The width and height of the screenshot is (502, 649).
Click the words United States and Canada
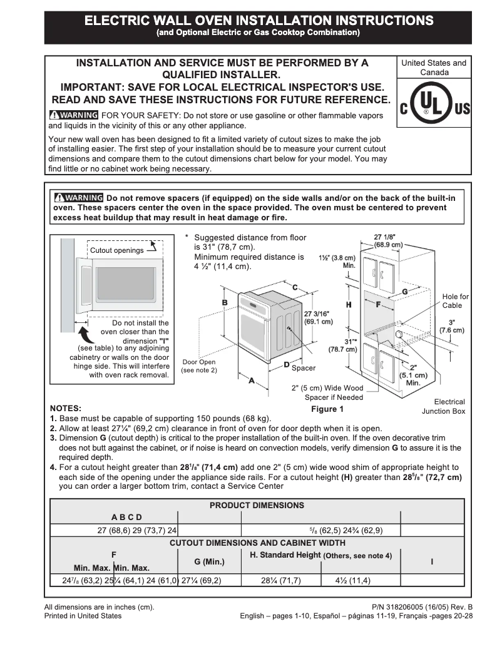[434, 68]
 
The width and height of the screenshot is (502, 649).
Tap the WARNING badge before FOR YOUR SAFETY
[74, 115]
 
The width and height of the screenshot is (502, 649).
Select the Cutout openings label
[117, 250]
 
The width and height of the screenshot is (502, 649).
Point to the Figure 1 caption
[328, 409]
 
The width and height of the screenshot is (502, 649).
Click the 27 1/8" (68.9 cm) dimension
[389, 241]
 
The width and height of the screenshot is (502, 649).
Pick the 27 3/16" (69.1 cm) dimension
[318, 317]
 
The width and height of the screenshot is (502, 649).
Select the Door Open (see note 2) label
[198, 366]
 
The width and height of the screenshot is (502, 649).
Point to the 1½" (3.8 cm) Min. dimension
[337, 261]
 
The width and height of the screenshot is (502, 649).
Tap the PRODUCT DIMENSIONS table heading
[257, 505]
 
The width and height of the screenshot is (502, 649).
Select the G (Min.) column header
[209, 561]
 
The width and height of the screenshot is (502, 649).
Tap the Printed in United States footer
[83, 616]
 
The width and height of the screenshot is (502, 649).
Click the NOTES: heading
[65, 408]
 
